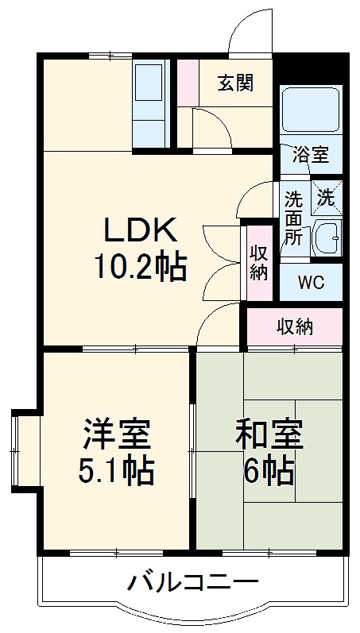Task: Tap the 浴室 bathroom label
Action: coord(310,154)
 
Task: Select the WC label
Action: coord(311,281)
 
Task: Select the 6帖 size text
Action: coord(268,473)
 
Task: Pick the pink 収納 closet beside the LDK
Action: coord(259,263)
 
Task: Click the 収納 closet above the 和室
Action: coord(294,326)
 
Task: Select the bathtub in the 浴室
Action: coord(311,111)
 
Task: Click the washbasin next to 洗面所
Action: coord(326,237)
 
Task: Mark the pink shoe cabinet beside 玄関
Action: coord(187,81)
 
